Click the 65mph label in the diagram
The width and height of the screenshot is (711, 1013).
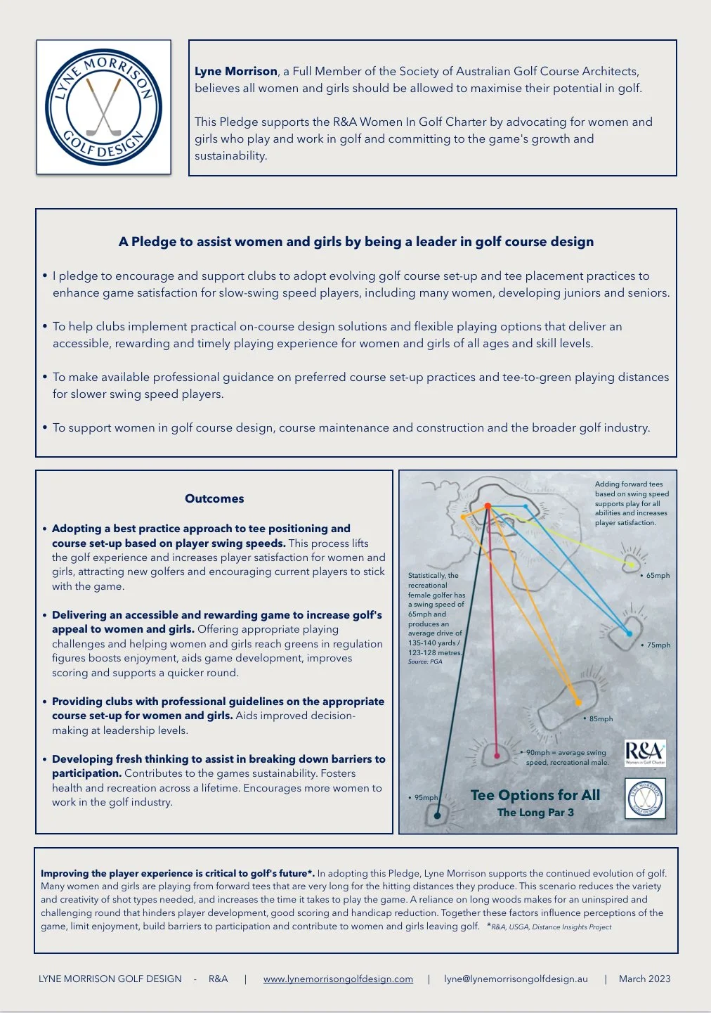658,576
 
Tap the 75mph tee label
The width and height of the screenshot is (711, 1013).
658,645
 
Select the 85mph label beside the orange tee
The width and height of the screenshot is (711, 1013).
601,719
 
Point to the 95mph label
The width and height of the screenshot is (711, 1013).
426,798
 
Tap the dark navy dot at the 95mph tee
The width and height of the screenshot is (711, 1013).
437,815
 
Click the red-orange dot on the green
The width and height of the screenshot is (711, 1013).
488,506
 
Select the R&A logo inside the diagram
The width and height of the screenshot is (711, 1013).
645,752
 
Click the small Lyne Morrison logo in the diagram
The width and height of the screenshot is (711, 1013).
645,799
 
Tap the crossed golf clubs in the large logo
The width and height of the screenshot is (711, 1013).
103,107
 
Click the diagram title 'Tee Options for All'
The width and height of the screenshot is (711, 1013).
535,795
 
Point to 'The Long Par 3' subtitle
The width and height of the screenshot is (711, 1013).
535,813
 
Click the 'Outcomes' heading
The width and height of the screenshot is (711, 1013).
214,498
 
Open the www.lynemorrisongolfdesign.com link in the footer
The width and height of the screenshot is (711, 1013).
338,979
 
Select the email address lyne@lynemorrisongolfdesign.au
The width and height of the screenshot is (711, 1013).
516,979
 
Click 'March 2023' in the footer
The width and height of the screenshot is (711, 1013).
644,979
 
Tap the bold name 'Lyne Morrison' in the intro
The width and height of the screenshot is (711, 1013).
236,71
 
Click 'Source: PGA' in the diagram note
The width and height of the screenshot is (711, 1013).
425,662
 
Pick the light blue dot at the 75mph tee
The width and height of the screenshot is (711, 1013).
629,633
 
